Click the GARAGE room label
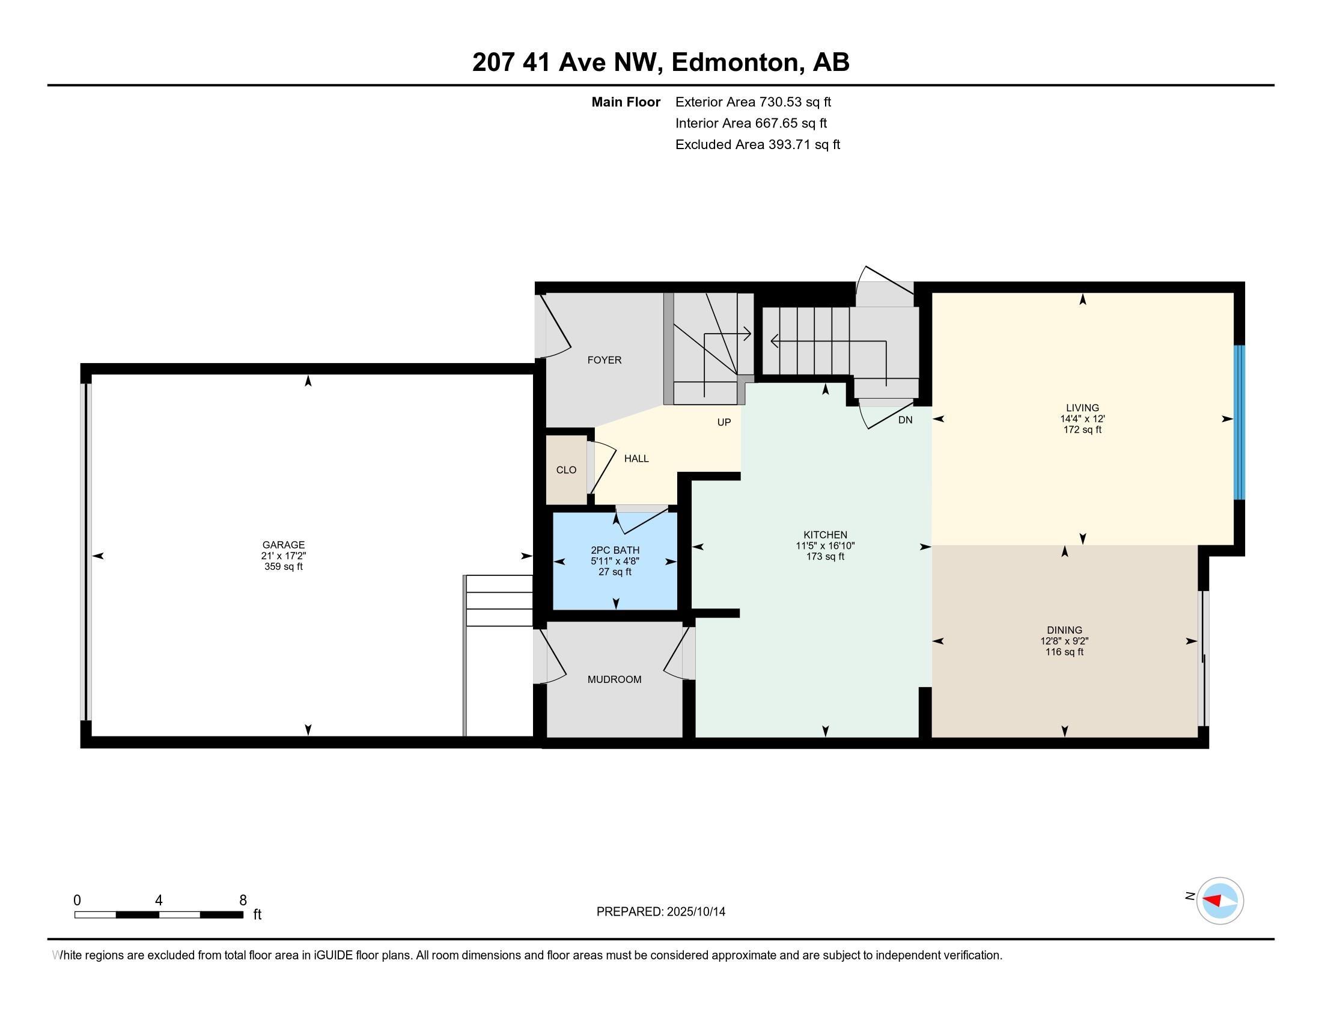(283, 544)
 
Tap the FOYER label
(604, 360)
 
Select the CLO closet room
(566, 470)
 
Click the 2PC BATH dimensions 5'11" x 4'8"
(615, 561)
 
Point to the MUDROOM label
(614, 679)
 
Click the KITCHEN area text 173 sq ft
(825, 557)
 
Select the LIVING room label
(1082, 408)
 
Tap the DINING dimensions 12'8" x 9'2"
(1064, 641)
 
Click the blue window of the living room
(1239, 422)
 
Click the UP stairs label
(724, 423)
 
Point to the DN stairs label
(905, 420)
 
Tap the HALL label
(636, 459)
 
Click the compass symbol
(1220, 901)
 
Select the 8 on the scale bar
(243, 901)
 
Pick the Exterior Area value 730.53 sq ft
(795, 102)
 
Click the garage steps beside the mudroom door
(498, 601)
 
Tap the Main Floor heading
(626, 102)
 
